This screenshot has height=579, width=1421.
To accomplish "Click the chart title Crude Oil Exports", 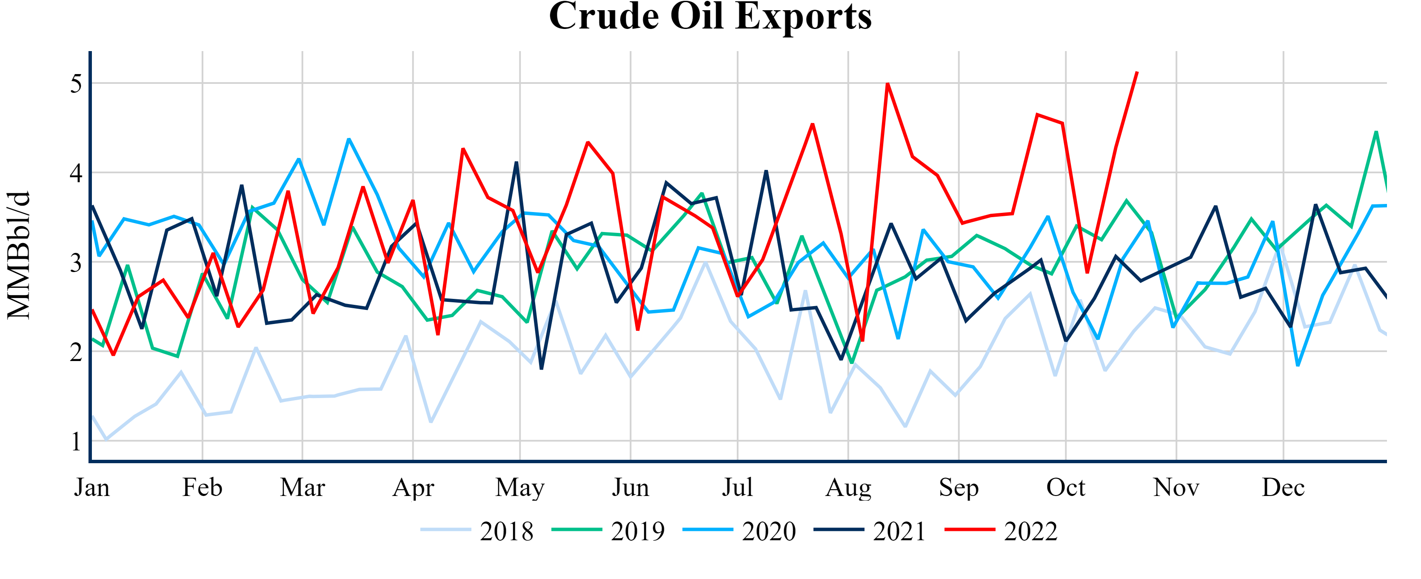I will point(710,17).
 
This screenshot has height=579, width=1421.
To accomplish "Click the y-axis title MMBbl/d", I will point(19,255).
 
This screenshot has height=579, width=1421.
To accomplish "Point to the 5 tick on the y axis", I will point(76,84).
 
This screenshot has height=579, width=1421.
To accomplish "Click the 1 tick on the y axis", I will point(76,441).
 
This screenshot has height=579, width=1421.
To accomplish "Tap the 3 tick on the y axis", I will point(76,263).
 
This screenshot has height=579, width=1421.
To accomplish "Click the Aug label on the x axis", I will point(848,488).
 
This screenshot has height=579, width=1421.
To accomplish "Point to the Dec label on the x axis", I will point(1283,488).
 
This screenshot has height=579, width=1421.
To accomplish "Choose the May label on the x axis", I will point(519,488).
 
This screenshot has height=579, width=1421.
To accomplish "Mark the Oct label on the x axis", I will point(1066,488).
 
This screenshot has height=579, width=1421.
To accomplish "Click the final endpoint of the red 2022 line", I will point(1137,72).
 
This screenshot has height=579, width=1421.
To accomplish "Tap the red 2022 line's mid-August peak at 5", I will point(887,83).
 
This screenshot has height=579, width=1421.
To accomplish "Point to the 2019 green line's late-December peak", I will point(1376,132).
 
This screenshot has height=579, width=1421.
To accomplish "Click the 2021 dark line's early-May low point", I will point(542,369).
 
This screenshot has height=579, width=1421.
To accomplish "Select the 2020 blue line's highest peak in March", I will point(348,139).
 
